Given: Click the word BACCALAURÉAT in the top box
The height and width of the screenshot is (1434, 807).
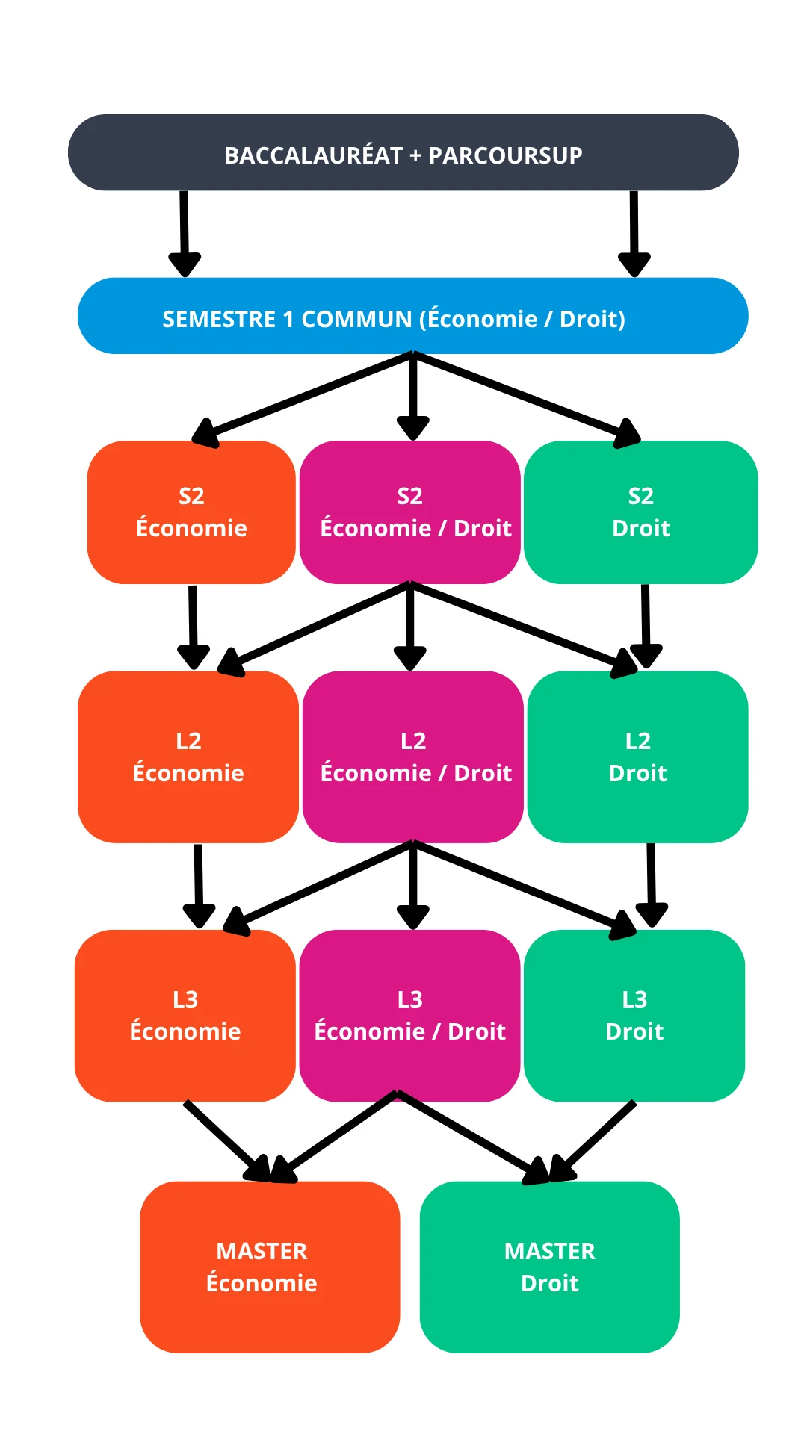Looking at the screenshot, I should point(313,155).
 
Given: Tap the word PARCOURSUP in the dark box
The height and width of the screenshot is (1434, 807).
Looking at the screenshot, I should point(505,155).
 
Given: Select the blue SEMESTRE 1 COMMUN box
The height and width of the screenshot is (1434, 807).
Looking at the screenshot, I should point(412,317).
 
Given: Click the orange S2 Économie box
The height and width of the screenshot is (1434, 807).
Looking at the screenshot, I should point(191,512).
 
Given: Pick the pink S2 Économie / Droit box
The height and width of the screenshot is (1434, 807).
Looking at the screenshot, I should point(409,512).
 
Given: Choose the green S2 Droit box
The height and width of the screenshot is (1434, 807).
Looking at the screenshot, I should point(640,512).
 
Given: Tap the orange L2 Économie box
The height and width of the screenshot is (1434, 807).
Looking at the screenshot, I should point(188,757).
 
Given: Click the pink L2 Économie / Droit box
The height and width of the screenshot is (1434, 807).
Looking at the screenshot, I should point(412,757).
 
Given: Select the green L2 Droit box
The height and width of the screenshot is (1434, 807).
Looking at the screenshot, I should point(637,757).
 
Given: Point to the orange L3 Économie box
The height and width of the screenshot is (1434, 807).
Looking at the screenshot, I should point(185,1015).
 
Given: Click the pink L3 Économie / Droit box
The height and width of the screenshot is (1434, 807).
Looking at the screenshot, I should point(409,1015).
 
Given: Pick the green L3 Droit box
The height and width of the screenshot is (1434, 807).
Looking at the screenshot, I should point(634,1015).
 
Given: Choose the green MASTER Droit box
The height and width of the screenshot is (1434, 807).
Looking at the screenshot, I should point(549,1267).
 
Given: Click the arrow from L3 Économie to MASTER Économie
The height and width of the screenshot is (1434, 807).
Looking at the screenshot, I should point(224,1139).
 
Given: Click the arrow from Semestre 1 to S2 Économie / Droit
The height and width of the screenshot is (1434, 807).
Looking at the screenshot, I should point(412,396).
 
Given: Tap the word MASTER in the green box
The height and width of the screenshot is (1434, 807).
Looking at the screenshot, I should point(549,1251).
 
